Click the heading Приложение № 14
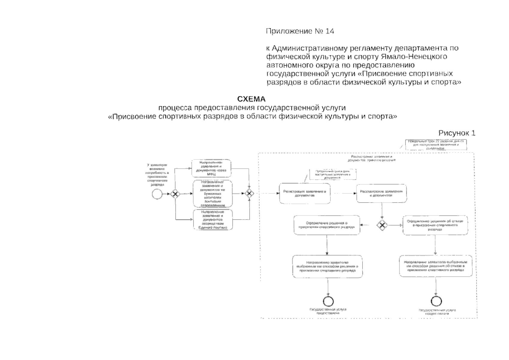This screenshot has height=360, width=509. coord(300,31)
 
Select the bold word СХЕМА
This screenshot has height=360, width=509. coord(251,99)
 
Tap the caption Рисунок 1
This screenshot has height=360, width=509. coord(457,133)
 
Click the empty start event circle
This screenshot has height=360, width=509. coord(157,194)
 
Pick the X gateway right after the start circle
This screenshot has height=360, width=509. coord(175,194)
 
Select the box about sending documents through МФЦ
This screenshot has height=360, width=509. coord(211,168)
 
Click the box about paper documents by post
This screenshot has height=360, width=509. coord(212,193)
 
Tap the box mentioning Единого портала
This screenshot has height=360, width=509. coord(213,220)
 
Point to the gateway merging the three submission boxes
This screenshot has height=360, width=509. coord(249,193)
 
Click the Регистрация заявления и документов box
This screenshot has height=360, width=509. coord(305,193)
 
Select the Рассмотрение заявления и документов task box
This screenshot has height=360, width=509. coord(381,193)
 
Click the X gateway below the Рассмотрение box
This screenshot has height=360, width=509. coord(382,225)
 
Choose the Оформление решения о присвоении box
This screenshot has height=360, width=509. coord(327,225)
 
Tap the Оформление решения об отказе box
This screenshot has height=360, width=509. coord(435,225)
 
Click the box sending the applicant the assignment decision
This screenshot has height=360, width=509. coord(327,266)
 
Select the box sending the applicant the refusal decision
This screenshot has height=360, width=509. coord(436,266)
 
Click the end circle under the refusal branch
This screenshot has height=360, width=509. coord(436,301)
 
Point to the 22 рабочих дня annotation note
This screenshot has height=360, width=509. coord(436,144)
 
